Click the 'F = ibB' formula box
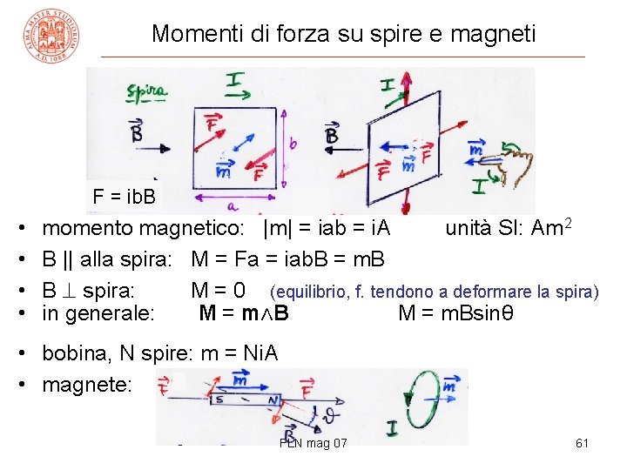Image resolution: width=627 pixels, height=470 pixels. pyautogui.click(x=124, y=196)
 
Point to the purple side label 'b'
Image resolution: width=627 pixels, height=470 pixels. pyautogui.click(x=293, y=142)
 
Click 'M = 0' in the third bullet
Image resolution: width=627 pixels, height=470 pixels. pyautogui.click(x=218, y=289)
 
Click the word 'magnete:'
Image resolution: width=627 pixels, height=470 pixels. pyautogui.click(x=87, y=384)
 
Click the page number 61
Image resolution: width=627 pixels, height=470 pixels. pyautogui.click(x=583, y=444)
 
